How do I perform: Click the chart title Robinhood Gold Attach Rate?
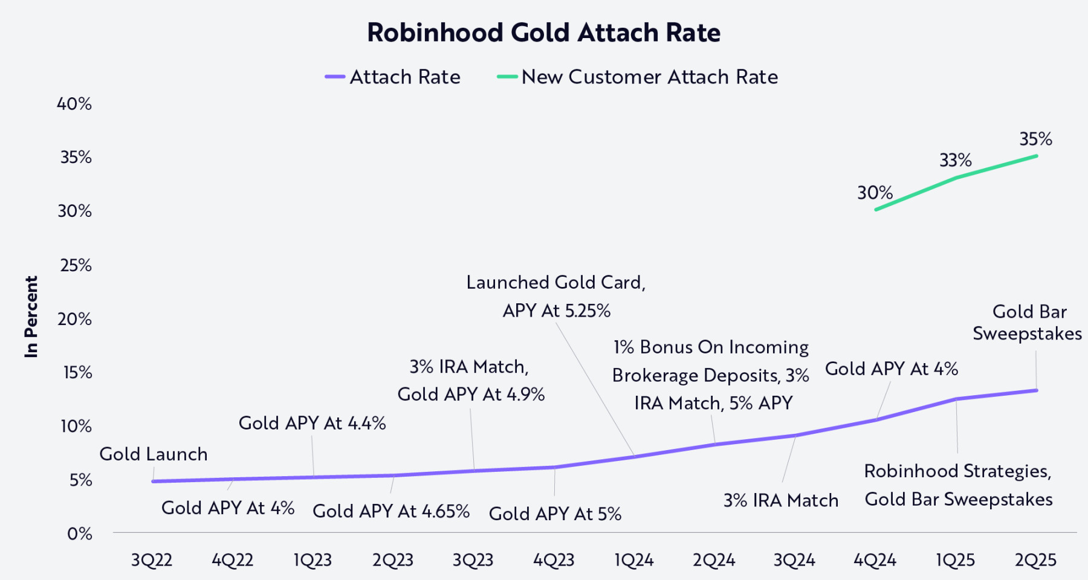click(543, 33)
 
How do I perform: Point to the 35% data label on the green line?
click(1035, 139)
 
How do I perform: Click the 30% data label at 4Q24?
click(875, 193)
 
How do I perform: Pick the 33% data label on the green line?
click(955, 160)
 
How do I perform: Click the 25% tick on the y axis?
click(76, 265)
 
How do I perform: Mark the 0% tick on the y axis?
click(79, 533)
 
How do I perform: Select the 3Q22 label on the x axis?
click(152, 560)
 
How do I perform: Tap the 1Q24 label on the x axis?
click(633, 560)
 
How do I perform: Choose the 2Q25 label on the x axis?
click(1035, 560)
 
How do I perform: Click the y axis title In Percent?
click(31, 317)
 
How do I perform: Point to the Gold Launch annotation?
click(154, 454)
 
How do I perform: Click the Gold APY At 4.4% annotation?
click(312, 423)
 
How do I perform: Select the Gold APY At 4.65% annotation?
click(391, 511)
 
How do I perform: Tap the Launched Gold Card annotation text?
click(556, 283)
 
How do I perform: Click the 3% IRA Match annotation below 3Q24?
click(780, 500)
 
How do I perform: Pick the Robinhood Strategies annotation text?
click(957, 471)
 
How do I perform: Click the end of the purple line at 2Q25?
click(1037, 390)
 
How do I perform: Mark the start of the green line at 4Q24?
click(876, 210)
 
